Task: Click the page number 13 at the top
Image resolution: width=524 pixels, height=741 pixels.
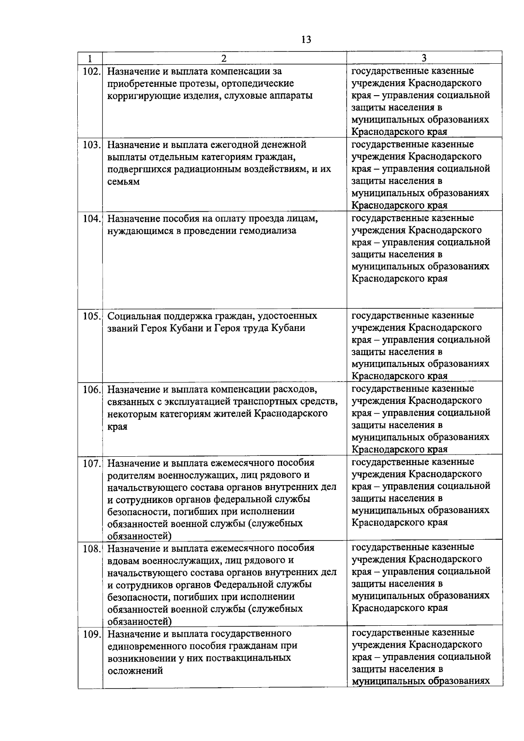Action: click(306, 40)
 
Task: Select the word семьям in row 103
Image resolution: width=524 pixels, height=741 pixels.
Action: click(124, 182)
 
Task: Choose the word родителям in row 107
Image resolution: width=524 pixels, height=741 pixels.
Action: click(129, 475)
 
